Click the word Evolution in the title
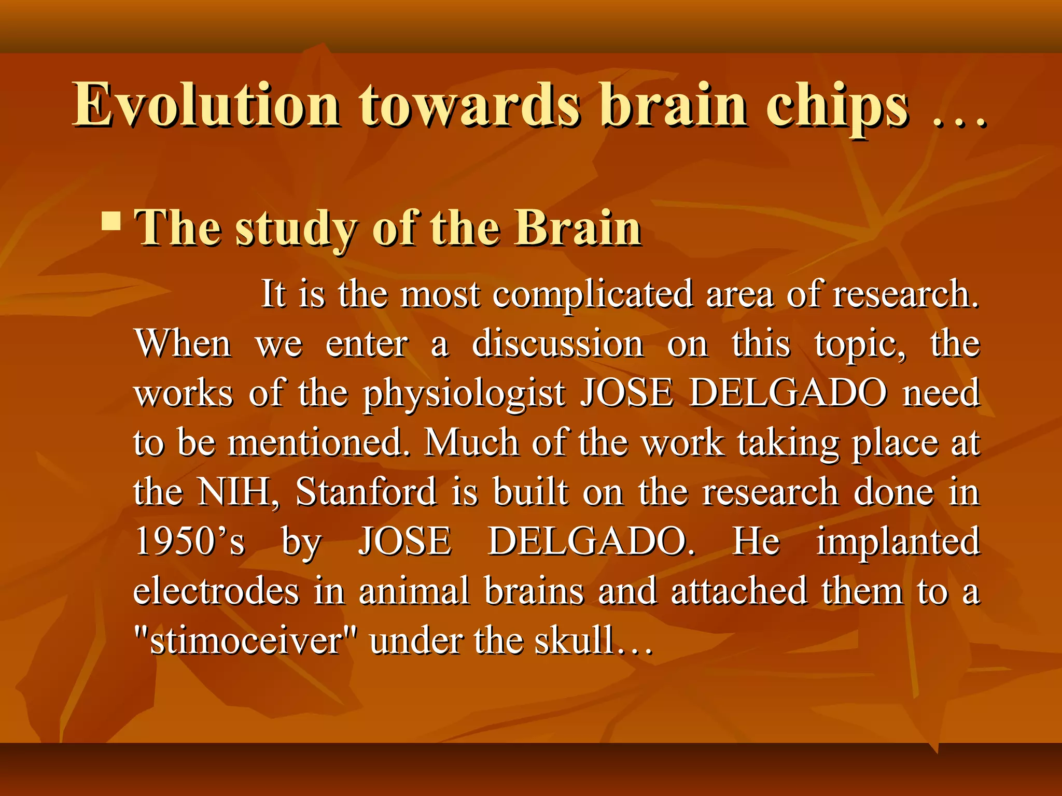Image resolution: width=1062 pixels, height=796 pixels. tap(206, 105)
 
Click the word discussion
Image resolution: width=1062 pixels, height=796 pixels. tap(557, 344)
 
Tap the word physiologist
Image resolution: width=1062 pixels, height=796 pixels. tap(464, 394)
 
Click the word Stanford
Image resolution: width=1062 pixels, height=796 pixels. tap(366, 492)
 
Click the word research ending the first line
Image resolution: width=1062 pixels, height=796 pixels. tap(905, 294)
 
